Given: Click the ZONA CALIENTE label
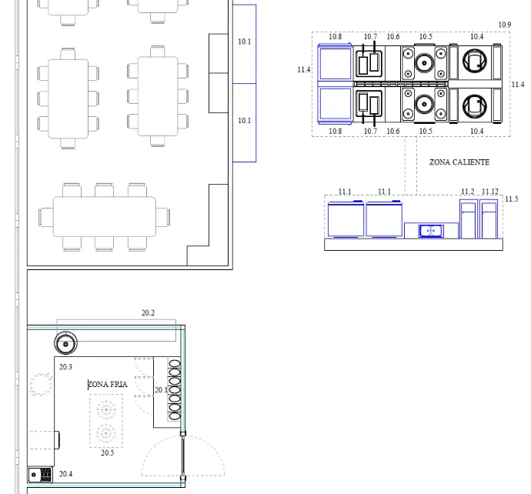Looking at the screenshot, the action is click(459, 162).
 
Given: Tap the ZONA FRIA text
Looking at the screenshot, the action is click(108, 384).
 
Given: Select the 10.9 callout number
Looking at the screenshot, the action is click(505, 25).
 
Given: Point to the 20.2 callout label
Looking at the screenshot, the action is click(148, 313).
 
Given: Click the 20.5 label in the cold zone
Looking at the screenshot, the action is click(107, 452).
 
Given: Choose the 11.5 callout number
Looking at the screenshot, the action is click(511, 199).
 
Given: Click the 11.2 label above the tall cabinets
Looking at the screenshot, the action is click(468, 192).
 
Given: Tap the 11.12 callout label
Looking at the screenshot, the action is click(490, 192).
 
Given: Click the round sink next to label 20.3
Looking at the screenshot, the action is click(65, 343).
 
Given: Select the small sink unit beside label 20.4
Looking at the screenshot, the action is click(40, 474).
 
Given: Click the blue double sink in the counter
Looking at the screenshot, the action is click(431, 231).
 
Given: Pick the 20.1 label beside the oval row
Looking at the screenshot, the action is click(161, 390).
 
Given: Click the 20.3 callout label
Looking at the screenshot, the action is click(65, 367).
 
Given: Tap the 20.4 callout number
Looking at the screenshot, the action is click(65, 474).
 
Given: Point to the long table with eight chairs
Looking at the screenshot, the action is click(105, 217).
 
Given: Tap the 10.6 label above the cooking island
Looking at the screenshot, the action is click(392, 37).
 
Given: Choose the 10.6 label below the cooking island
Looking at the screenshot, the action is click(392, 131).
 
